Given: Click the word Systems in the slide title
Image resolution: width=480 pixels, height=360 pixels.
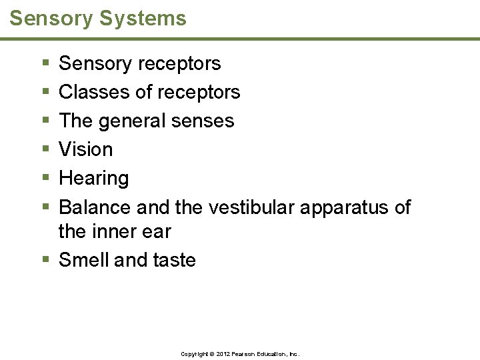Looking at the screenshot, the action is click(143, 19).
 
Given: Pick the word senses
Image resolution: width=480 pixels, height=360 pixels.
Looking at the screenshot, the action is click(206, 121).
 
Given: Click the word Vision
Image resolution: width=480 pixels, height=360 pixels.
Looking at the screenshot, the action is click(86, 149).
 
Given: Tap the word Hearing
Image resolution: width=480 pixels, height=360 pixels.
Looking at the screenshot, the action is click(94, 179).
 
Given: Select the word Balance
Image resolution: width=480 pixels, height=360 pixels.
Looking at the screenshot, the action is click(95, 207).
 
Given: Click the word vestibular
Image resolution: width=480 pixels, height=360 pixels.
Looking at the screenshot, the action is click(251, 207).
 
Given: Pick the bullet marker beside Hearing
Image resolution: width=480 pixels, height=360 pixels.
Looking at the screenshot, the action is click(45, 179).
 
